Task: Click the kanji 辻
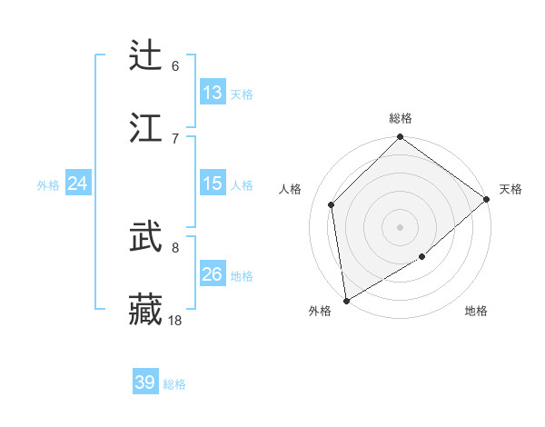pyautogui.click(x=146, y=55)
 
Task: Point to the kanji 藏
pyautogui.click(x=146, y=309)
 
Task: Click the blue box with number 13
pyautogui.click(x=213, y=93)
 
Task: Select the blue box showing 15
pyautogui.click(x=213, y=184)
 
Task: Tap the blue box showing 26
pyautogui.click(x=213, y=274)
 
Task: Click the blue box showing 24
pyautogui.click(x=78, y=184)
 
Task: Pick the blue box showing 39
pyautogui.click(x=145, y=382)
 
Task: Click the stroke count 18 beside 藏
pyautogui.click(x=175, y=320)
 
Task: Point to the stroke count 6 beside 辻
pyautogui.click(x=175, y=65)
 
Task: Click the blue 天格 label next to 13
pyautogui.click(x=242, y=94)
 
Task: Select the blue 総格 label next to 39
pyautogui.click(x=174, y=384)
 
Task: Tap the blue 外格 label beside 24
pyautogui.click(x=48, y=184)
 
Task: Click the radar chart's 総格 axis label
pyautogui.click(x=401, y=118)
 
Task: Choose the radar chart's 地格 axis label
pyautogui.click(x=476, y=312)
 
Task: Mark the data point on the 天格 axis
pyautogui.click(x=487, y=199)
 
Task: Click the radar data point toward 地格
pyautogui.click(x=422, y=257)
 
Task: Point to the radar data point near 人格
pyautogui.click(x=332, y=204)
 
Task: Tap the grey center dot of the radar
pyautogui.click(x=401, y=227)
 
